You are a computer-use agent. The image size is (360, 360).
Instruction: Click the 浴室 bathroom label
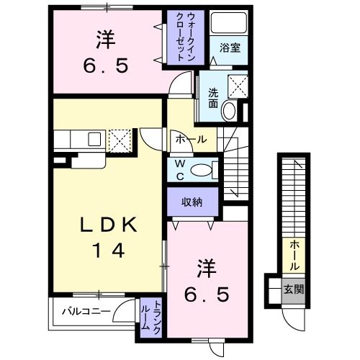(x=230, y=48)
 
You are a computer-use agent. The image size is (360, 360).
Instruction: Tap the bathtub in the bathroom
(x=229, y=23)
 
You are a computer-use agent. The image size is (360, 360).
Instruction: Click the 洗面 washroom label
(x=213, y=98)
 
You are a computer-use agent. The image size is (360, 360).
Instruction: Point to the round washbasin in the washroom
(x=229, y=111)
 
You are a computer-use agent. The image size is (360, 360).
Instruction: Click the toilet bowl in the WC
(x=201, y=170)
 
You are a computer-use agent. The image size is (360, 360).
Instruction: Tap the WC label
(x=180, y=170)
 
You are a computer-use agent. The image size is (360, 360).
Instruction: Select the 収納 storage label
(x=192, y=202)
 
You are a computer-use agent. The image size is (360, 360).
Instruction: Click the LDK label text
(x=109, y=225)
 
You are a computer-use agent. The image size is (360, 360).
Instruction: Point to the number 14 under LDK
(x=109, y=250)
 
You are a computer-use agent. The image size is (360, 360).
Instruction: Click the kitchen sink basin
(x=94, y=139)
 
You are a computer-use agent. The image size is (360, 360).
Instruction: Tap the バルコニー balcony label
(x=86, y=312)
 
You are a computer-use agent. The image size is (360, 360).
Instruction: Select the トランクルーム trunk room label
(x=150, y=318)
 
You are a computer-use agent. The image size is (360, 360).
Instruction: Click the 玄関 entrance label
(x=294, y=289)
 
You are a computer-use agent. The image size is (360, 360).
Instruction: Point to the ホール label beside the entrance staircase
(x=294, y=256)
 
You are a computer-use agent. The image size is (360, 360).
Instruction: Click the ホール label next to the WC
(x=191, y=139)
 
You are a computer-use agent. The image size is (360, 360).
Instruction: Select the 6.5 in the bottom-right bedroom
(x=207, y=294)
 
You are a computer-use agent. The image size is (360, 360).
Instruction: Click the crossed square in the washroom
(x=238, y=86)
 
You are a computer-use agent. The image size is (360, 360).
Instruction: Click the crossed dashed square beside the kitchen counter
(x=120, y=141)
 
